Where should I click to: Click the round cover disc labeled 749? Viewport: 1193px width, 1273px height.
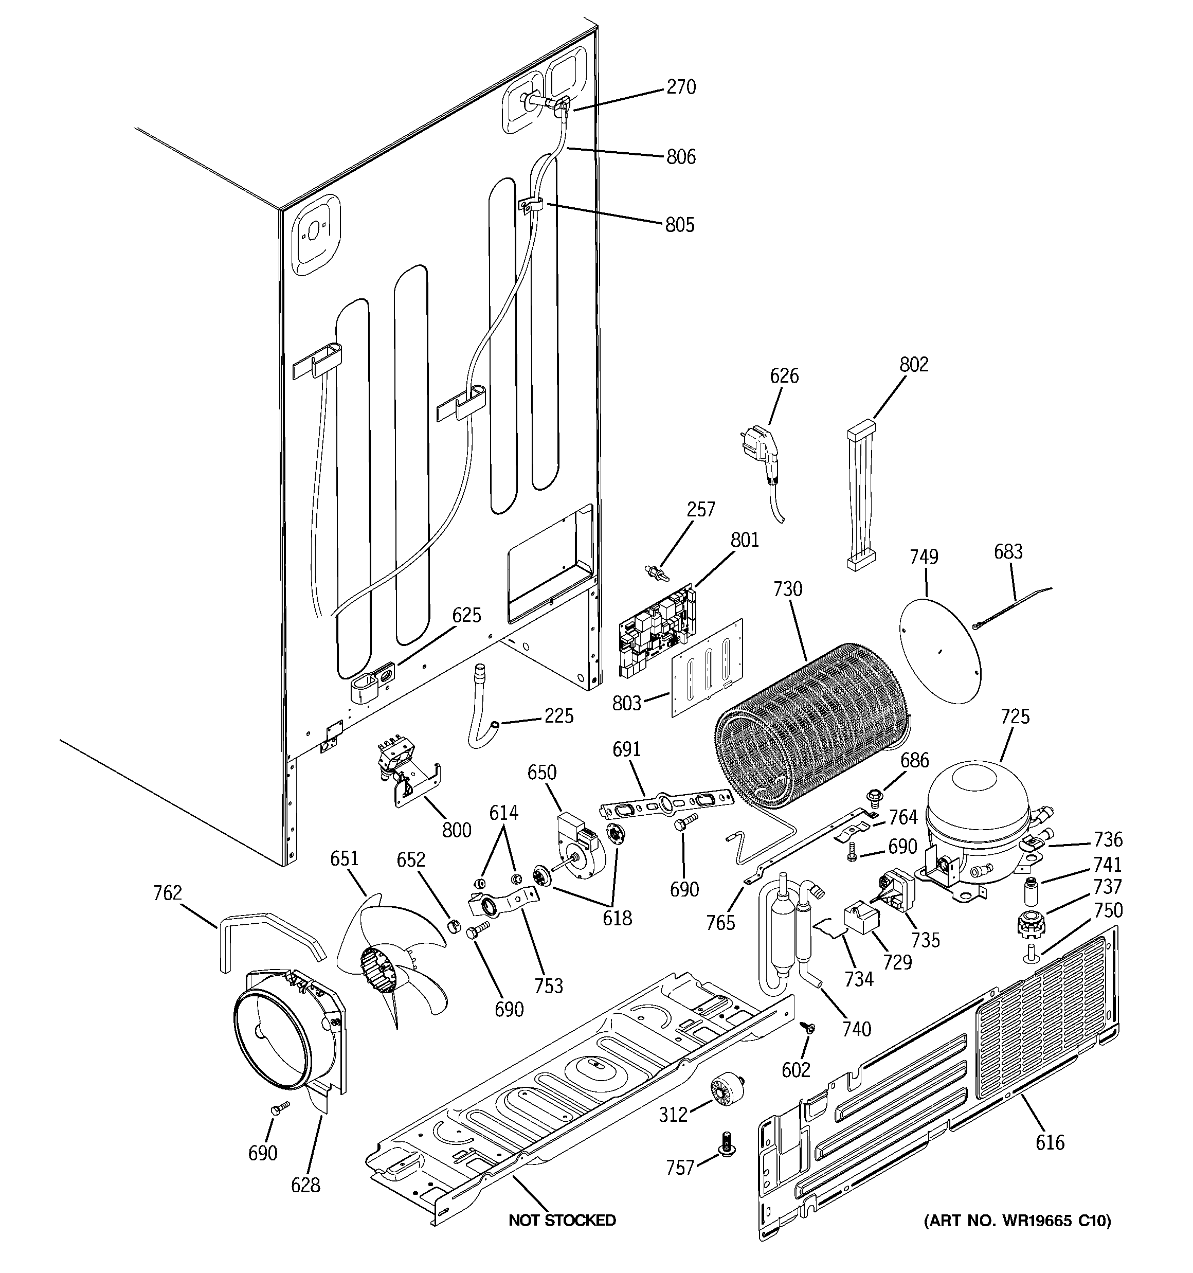940,650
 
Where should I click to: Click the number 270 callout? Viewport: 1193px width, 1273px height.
681,87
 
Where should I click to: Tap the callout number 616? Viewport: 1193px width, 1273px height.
1050,1142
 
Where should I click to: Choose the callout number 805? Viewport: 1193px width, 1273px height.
679,225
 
